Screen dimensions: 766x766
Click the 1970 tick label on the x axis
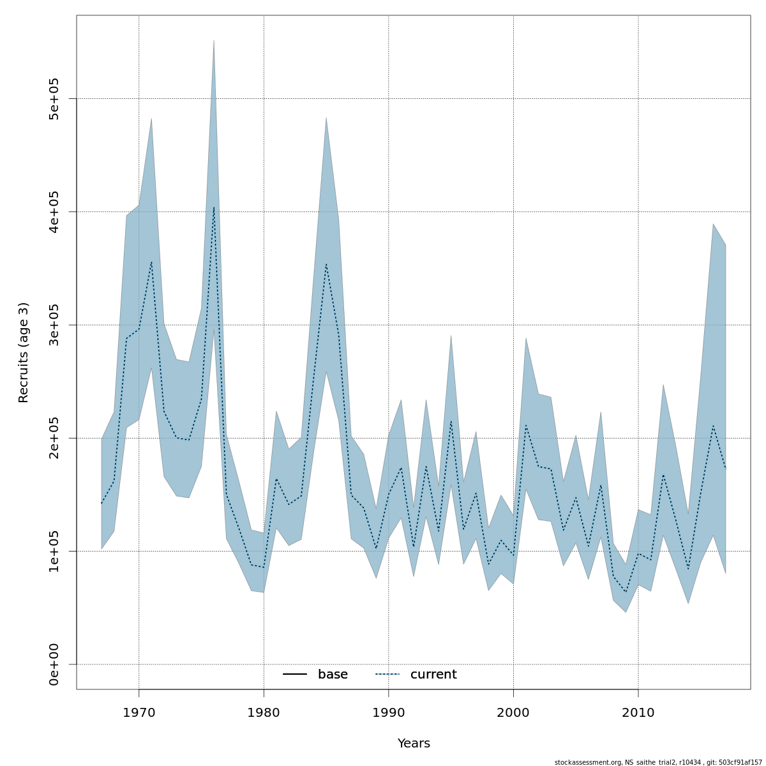click(139, 712)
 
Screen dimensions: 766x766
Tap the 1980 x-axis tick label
click(264, 712)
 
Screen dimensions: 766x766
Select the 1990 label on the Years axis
click(389, 712)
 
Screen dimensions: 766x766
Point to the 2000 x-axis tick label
click(514, 712)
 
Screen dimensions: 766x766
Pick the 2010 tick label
click(638, 712)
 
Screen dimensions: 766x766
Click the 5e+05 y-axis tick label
click(54, 99)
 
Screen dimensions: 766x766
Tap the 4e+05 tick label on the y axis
click(54, 212)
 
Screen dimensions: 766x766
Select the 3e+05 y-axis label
click(54, 325)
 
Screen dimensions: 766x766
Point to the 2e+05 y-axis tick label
click(54, 438)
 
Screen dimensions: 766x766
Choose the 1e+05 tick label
click(54, 551)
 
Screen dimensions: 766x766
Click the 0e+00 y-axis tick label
click(54, 664)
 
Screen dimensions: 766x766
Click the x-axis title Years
click(414, 744)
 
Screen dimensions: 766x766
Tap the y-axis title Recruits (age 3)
click(24, 352)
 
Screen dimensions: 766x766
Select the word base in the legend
click(333, 675)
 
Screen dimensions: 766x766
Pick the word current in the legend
click(433, 675)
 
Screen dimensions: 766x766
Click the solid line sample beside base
click(295, 675)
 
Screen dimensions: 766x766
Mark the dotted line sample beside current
click(387, 675)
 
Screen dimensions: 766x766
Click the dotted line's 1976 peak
click(214, 207)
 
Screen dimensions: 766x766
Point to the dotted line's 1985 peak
click(326, 264)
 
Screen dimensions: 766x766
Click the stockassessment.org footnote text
click(658, 762)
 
